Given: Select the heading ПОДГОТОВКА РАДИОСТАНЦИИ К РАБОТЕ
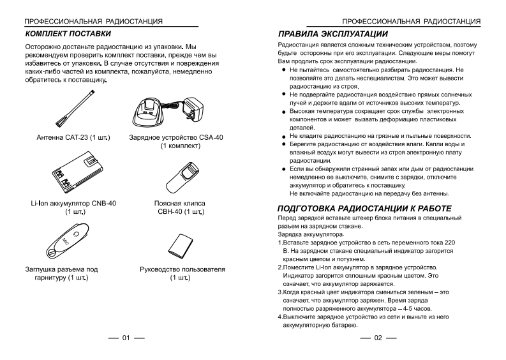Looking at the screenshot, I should (x=364, y=209).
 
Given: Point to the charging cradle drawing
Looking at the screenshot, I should (x=151, y=114).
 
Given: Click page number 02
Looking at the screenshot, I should (x=378, y=338).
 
